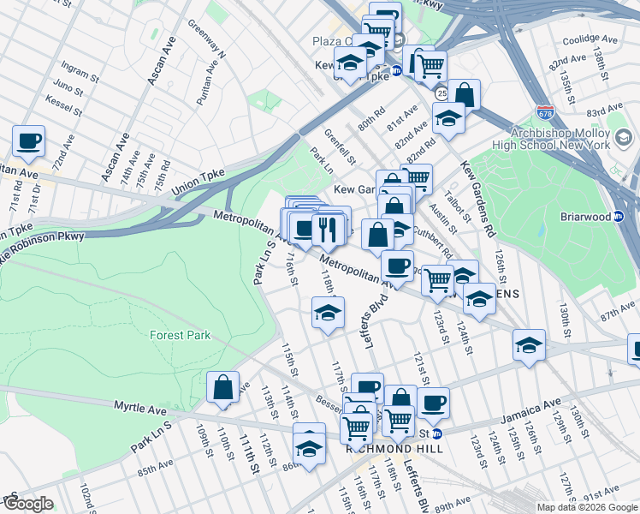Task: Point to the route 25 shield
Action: click(x=441, y=92)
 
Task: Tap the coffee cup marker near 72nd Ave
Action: click(x=28, y=141)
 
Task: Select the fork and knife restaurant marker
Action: click(x=329, y=229)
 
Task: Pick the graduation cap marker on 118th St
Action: click(x=328, y=314)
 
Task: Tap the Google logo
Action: click(x=28, y=504)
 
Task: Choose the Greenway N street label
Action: click(x=206, y=40)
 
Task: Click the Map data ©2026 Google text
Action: click(x=586, y=507)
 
